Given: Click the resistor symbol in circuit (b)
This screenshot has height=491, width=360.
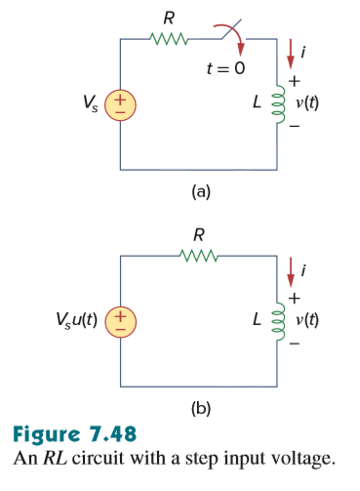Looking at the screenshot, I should [x=200, y=257].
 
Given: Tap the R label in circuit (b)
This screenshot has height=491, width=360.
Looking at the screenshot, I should [x=200, y=234].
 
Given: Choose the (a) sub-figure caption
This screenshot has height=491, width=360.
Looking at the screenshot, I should [x=200, y=191].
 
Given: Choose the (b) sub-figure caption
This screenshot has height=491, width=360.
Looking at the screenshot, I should [x=200, y=410].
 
